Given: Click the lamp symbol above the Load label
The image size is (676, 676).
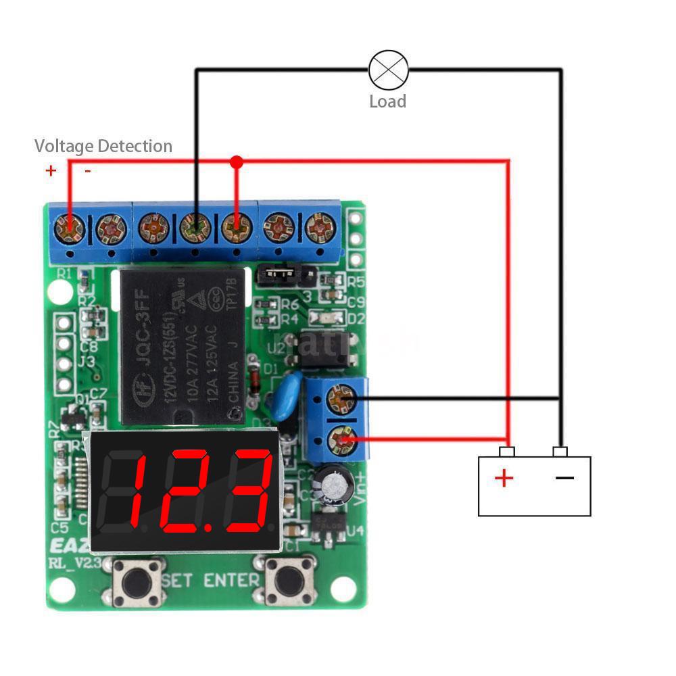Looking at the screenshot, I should pyautogui.click(x=388, y=70).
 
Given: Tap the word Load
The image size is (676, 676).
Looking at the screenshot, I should pyautogui.click(x=387, y=101).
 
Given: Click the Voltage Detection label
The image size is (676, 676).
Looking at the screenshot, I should pyautogui.click(x=103, y=146).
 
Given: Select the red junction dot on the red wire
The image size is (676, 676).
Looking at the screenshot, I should pyautogui.click(x=236, y=162).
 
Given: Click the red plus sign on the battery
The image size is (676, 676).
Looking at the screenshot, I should pyautogui.click(x=504, y=479).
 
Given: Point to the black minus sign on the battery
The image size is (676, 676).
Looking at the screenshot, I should pyautogui.click(x=564, y=478).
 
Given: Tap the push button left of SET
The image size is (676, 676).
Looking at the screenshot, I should pyautogui.click(x=138, y=581).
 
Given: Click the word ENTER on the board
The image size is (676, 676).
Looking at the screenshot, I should pyautogui.click(x=232, y=580).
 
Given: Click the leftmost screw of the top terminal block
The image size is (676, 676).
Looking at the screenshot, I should pyautogui.click(x=70, y=229).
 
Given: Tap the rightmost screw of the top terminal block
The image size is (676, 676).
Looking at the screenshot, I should pyautogui.click(x=320, y=228).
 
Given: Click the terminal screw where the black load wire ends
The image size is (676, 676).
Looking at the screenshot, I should pyautogui.click(x=195, y=228).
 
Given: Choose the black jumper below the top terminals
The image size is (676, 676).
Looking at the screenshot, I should pyautogui.click(x=279, y=274).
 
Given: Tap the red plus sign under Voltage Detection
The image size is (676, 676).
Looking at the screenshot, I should pyautogui.click(x=51, y=170).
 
